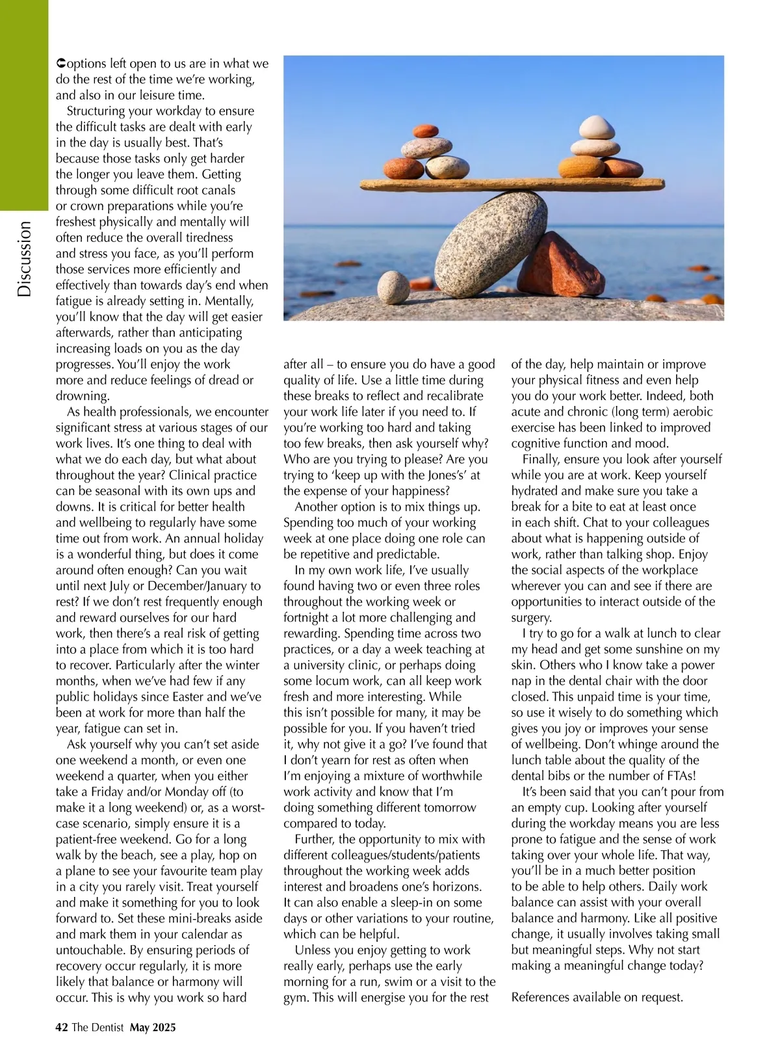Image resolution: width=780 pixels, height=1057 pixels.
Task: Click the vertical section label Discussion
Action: tap(24, 259)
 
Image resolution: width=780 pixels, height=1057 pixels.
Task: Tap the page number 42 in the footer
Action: tap(62, 1028)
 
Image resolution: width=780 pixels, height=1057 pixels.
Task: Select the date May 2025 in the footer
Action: tap(153, 1028)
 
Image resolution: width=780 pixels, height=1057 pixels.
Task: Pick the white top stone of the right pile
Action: tap(595, 127)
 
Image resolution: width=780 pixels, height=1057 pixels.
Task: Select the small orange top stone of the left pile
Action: tap(426, 131)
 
